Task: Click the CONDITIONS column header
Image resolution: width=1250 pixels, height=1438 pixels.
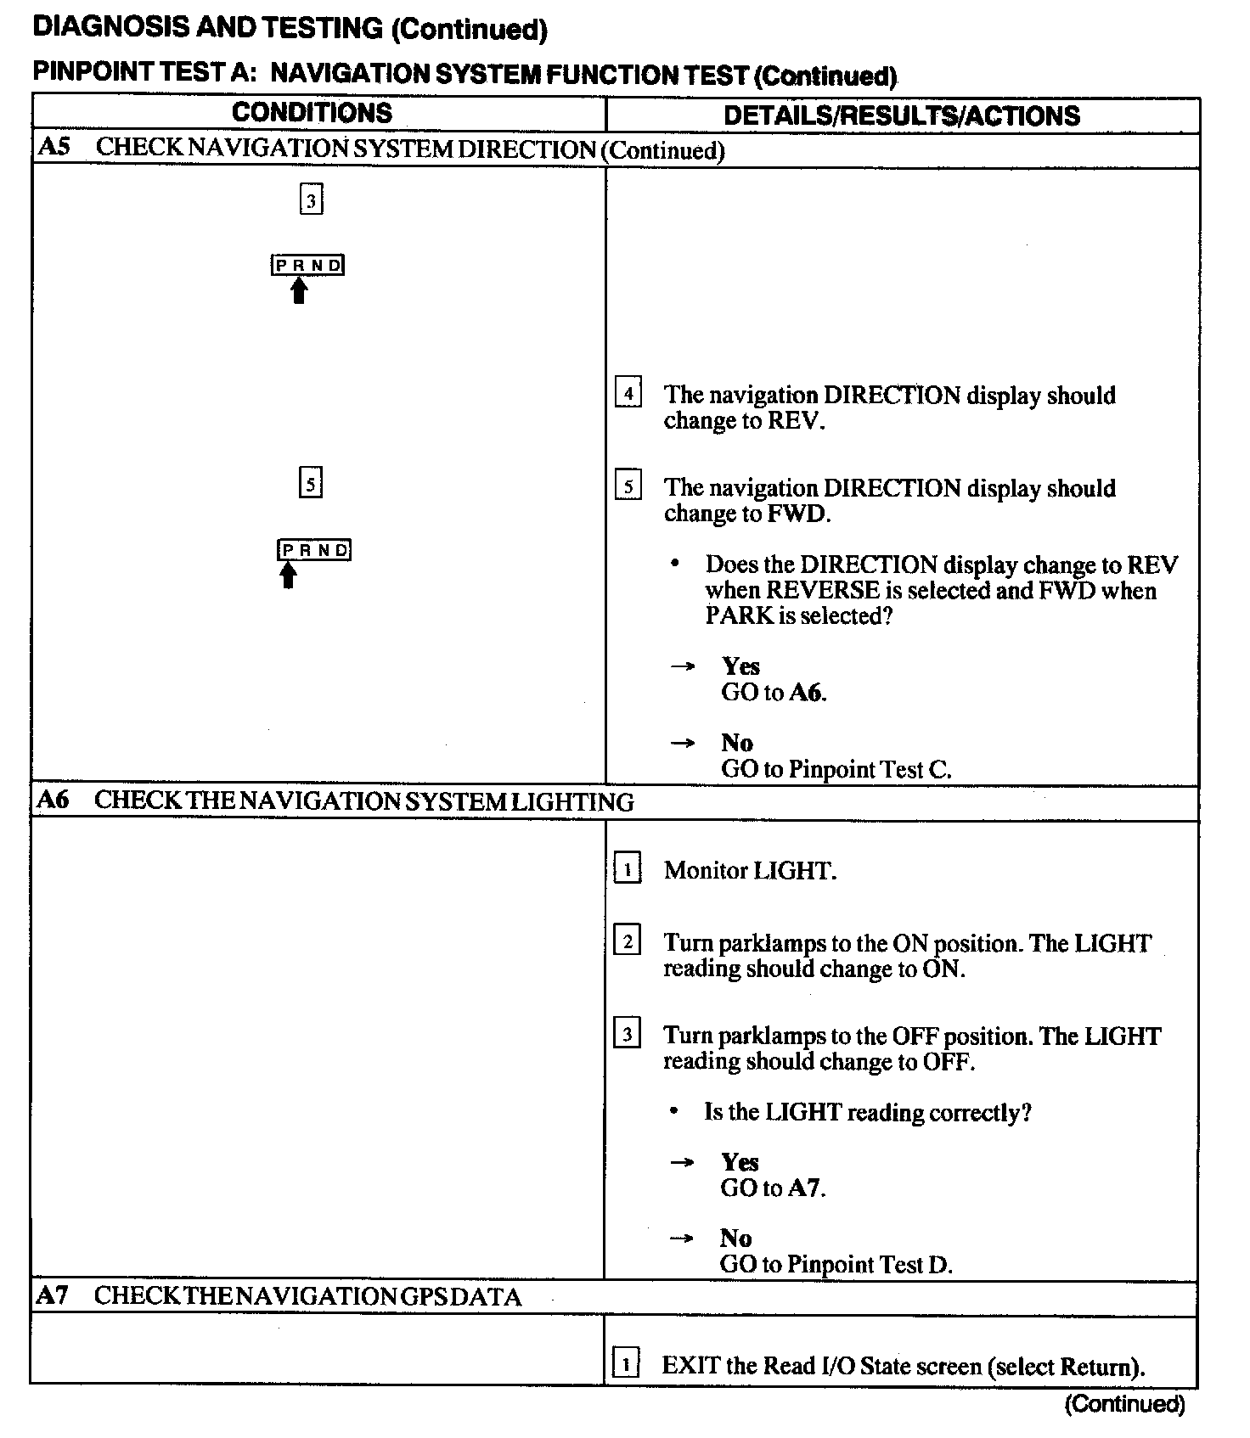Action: point(312,113)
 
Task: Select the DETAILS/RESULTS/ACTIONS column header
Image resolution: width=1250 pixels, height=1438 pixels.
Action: point(901,115)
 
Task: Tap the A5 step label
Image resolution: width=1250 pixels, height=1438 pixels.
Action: point(53,147)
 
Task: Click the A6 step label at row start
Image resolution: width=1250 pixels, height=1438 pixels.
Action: point(53,800)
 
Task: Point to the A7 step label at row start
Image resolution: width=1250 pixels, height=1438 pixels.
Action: point(53,1295)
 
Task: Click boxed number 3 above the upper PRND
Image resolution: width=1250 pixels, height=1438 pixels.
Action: point(312,201)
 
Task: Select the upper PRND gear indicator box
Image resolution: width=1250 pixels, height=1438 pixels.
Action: point(308,265)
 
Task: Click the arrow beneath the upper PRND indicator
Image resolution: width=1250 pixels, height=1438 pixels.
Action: point(298,291)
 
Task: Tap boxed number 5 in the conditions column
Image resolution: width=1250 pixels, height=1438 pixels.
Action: point(311,484)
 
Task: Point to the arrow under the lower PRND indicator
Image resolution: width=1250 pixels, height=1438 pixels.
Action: point(289,576)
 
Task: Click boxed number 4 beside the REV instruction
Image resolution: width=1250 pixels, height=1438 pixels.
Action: point(628,392)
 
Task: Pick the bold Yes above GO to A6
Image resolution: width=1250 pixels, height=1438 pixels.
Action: point(740,666)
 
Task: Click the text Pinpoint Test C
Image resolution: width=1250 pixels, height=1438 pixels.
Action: point(870,769)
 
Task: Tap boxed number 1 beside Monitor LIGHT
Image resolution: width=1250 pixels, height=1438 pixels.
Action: point(627,868)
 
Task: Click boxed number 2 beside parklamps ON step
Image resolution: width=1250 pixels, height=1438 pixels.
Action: point(627,941)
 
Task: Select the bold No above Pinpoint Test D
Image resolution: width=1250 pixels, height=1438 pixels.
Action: point(736,1238)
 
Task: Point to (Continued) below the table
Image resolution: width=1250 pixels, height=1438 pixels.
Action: point(1124,1404)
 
